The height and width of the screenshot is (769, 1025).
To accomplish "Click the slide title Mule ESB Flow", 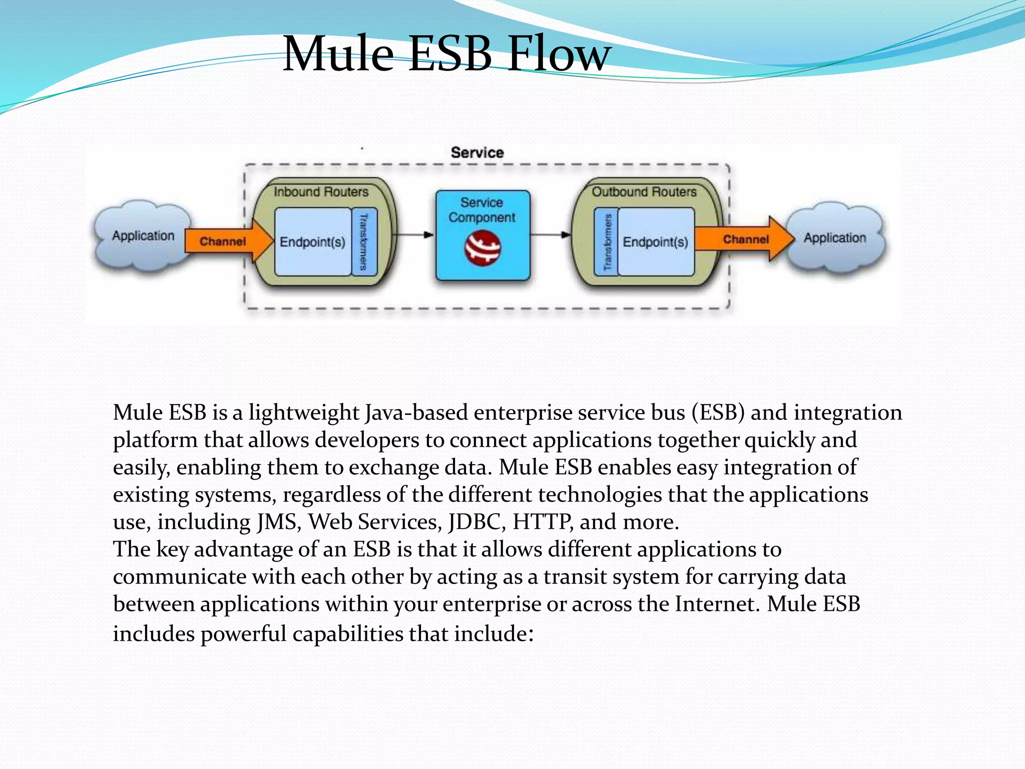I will point(446,54).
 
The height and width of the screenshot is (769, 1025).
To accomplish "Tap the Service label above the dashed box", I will point(477,153).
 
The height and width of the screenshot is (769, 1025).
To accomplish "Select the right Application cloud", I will point(835,238).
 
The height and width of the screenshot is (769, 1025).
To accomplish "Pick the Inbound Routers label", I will point(321,192).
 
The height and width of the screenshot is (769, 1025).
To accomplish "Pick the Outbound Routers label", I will point(644,192).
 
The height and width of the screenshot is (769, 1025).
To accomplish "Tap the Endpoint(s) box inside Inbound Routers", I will point(313,242).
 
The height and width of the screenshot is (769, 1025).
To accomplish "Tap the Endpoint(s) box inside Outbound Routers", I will point(656,242).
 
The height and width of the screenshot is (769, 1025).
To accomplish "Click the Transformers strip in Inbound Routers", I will point(364,242).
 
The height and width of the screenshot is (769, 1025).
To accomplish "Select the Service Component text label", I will point(482,210).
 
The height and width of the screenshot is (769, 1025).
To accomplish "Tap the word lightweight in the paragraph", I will point(304,413).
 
